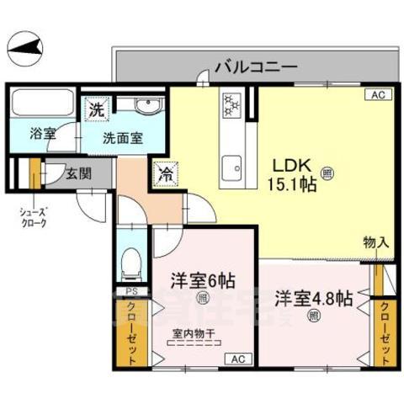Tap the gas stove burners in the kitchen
point(231,105)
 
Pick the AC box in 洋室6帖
point(237,359)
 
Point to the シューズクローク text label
point(31,217)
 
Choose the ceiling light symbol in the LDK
point(327,174)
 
